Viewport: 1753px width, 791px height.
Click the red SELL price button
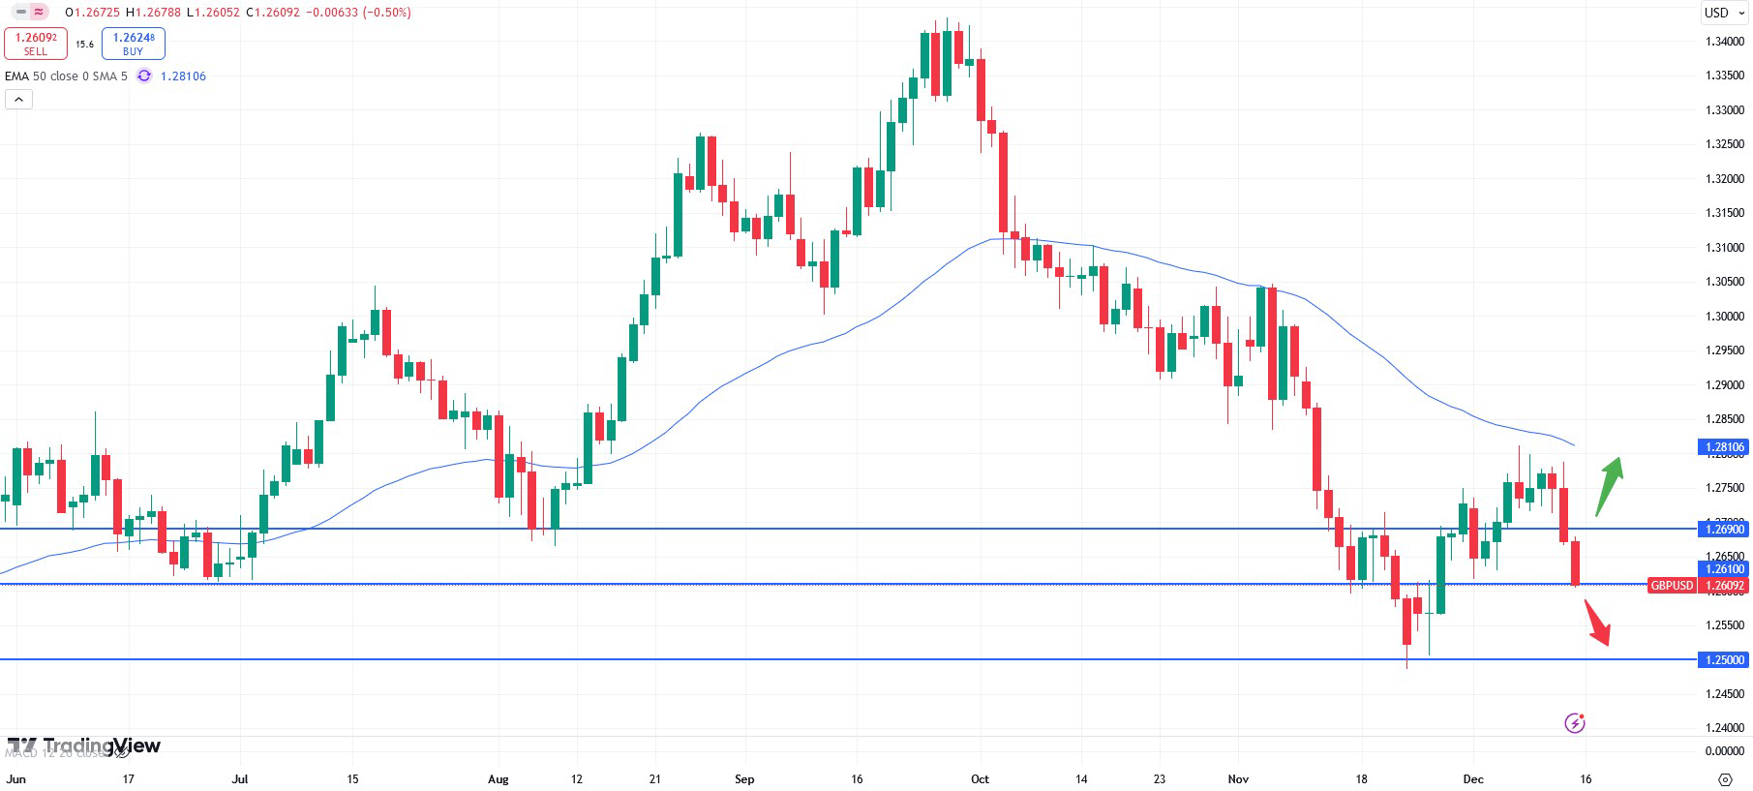pos(36,44)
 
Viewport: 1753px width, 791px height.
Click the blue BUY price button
pos(134,44)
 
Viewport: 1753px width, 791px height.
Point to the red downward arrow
pos(1598,623)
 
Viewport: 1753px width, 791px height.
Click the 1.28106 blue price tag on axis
pos(1724,447)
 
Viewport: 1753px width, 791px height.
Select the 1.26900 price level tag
pos(1724,529)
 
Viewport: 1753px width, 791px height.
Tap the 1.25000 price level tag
pos(1724,660)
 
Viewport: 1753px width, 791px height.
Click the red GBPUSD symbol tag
pos(1672,586)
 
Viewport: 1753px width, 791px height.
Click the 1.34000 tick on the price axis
pos(1725,42)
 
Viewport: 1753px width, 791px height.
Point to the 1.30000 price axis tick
pos(1725,317)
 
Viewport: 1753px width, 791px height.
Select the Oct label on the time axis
pos(980,779)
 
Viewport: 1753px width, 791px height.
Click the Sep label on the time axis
pos(744,779)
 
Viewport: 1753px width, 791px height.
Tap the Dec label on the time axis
pos(1473,779)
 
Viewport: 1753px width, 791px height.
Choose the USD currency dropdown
pos(1724,13)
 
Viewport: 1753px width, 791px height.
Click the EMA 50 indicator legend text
pos(66,76)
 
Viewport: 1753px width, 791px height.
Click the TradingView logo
pos(85,745)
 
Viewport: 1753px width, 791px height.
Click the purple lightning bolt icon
pos(1575,723)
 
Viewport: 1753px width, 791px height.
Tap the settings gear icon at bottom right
pos(1725,779)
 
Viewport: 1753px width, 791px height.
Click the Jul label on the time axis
pos(240,779)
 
